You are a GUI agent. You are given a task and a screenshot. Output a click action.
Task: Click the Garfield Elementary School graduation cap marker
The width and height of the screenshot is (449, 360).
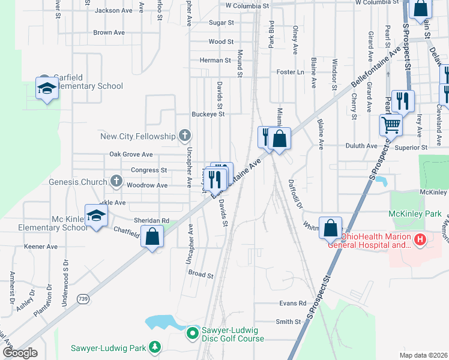(x=46, y=89)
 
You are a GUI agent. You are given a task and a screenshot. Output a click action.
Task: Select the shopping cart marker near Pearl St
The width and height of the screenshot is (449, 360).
(x=391, y=125)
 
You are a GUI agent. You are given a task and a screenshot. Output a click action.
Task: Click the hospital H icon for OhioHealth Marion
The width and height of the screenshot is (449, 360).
(x=420, y=241)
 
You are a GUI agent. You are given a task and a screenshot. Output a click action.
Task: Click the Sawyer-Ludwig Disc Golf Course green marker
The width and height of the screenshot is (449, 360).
(x=192, y=332)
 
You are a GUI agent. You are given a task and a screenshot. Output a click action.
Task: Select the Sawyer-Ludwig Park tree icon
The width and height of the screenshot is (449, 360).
(x=155, y=347)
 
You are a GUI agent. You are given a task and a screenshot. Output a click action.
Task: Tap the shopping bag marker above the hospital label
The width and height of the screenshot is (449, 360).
(x=330, y=229)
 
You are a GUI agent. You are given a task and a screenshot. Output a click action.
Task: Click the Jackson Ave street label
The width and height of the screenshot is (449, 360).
(x=113, y=10)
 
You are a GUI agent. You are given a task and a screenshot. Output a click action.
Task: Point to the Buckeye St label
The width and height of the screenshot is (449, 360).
(x=208, y=114)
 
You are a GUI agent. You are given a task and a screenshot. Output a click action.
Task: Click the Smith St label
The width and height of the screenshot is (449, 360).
(x=288, y=322)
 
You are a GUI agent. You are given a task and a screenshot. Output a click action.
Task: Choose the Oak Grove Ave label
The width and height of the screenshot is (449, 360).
(x=131, y=155)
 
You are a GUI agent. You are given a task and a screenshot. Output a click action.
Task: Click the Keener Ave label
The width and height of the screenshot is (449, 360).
(x=40, y=247)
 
